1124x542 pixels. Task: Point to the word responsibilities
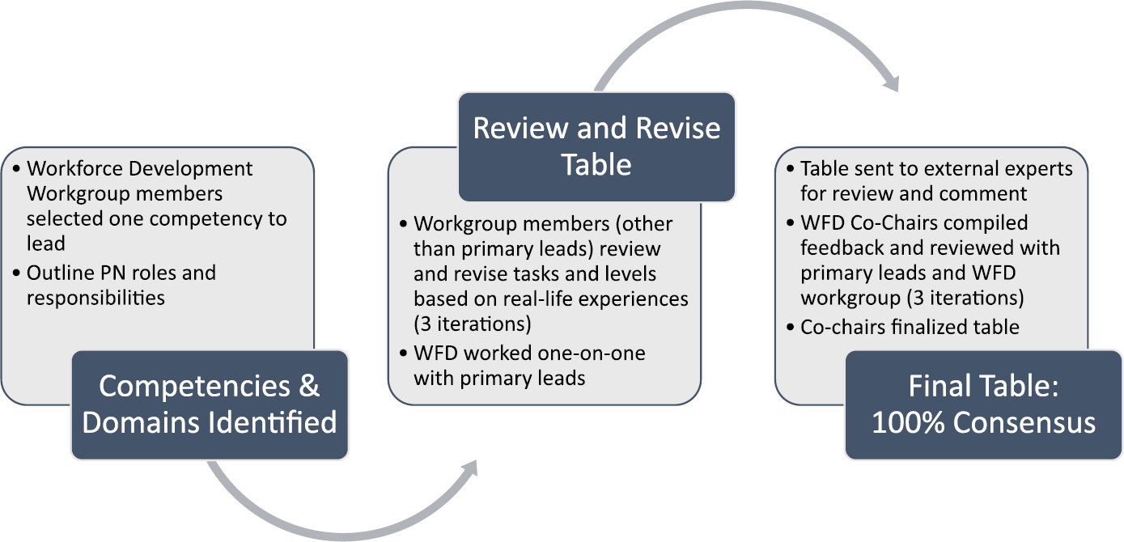[x=95, y=298]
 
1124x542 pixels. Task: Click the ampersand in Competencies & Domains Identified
[x=310, y=386]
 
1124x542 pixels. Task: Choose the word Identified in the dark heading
[x=274, y=422]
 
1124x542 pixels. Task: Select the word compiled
[x=988, y=222]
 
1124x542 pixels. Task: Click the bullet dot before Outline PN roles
[x=18, y=273]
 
